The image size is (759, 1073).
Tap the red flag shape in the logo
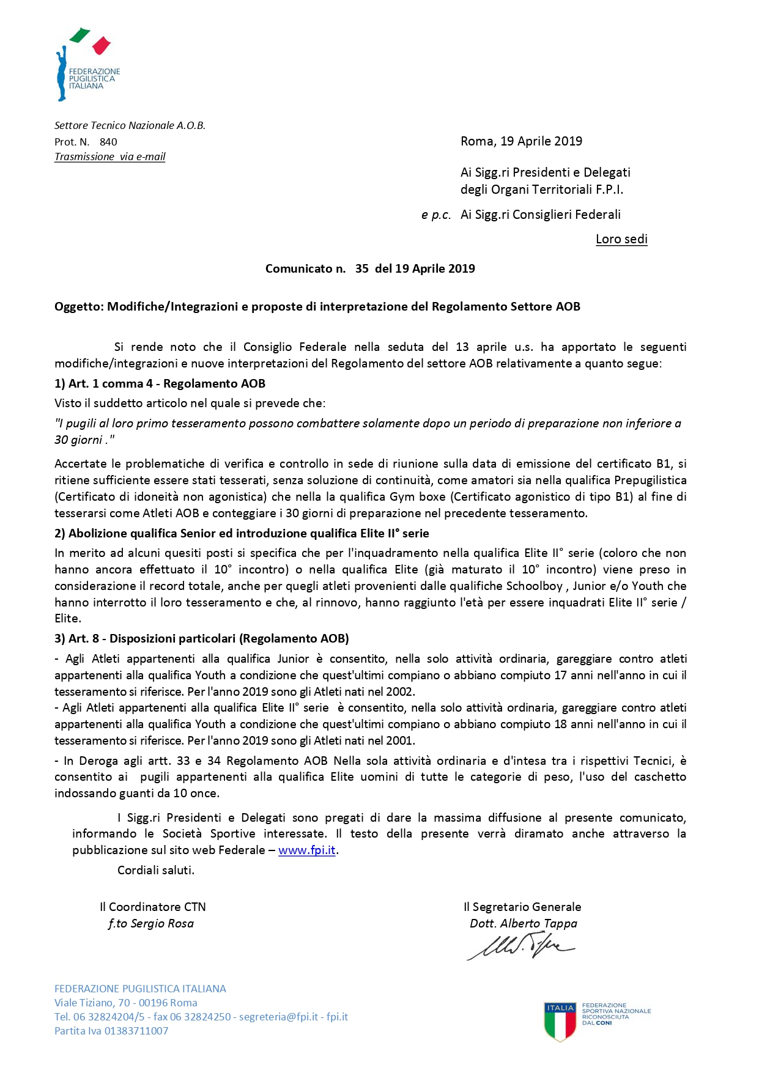point(101,45)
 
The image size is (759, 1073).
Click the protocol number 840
point(108,142)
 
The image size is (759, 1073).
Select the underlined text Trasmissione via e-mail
point(110,157)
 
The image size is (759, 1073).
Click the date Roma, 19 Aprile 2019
point(521,141)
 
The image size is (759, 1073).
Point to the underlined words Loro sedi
point(621,239)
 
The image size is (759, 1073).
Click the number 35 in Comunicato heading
point(361,268)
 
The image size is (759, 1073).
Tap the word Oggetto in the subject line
point(78,306)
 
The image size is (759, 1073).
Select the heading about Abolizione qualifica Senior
point(242,533)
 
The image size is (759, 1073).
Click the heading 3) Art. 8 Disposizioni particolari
point(202,638)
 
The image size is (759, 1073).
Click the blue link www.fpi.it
point(306,850)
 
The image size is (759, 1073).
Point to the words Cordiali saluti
point(156,870)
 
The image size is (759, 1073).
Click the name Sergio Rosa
point(162,923)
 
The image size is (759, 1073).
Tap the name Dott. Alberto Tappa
point(523,923)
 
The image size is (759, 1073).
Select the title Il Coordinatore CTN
point(153,907)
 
